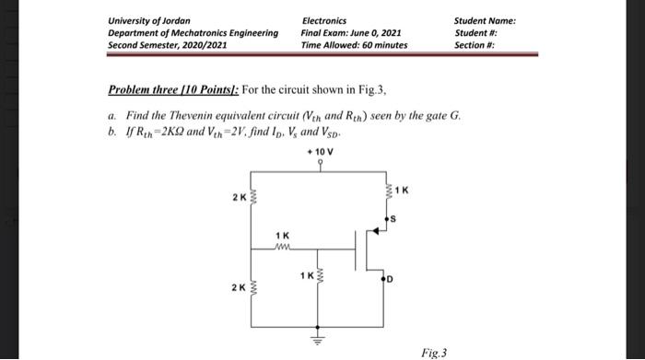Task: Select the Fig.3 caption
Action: (x=432, y=352)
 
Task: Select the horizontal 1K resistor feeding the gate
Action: (x=284, y=246)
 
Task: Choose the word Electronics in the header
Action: (x=324, y=20)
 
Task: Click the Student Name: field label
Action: (x=485, y=20)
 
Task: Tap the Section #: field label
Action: (x=475, y=44)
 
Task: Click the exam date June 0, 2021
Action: (x=375, y=32)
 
